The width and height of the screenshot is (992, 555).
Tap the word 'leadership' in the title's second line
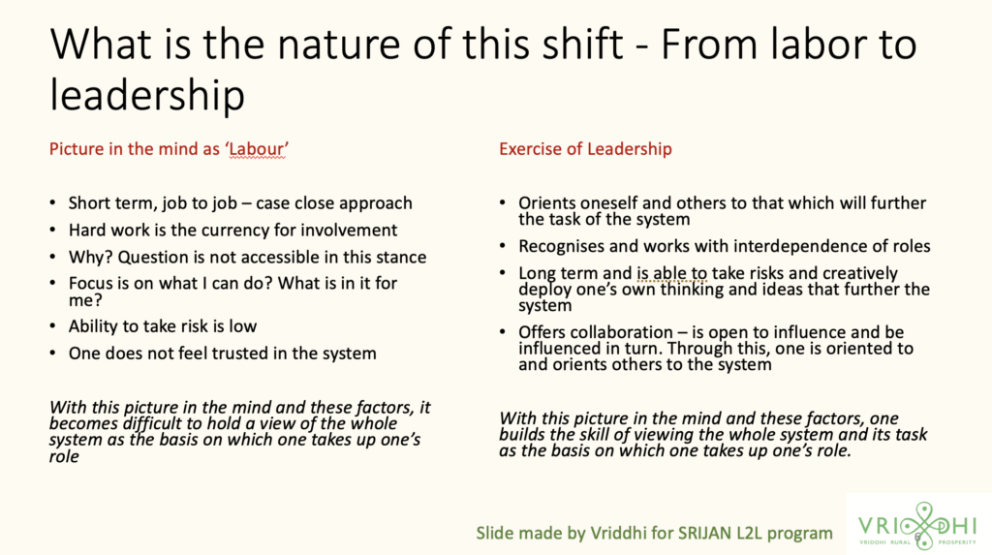point(147,96)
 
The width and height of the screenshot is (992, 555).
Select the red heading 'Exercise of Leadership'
point(585,149)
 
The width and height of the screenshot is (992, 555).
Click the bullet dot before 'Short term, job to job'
point(52,203)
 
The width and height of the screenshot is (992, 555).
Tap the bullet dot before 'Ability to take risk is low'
point(52,326)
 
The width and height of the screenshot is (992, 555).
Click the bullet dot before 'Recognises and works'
point(503,246)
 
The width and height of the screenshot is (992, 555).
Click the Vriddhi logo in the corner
point(918,525)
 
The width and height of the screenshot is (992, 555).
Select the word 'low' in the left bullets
point(243,326)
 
